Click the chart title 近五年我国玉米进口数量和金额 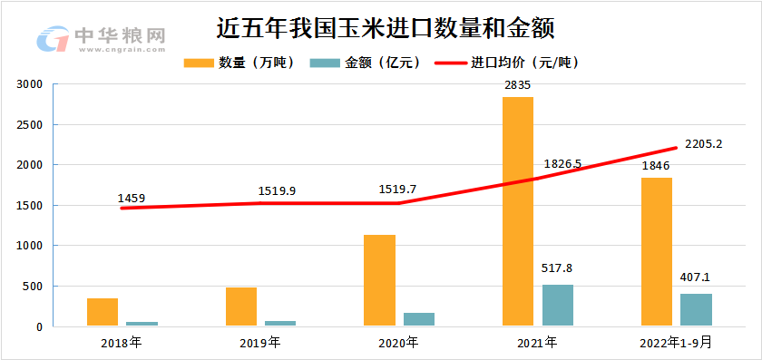point(386,27)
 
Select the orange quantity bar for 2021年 point(518,211)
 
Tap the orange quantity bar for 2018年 point(103,312)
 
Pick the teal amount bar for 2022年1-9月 point(696,309)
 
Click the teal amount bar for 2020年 point(419,319)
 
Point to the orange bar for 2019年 point(241,306)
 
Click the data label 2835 point(517,85)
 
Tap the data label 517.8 point(557,268)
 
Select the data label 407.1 point(696,278)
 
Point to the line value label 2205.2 point(703,143)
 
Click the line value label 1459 point(132,198)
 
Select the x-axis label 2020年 point(398,343)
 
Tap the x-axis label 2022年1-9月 point(675,343)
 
